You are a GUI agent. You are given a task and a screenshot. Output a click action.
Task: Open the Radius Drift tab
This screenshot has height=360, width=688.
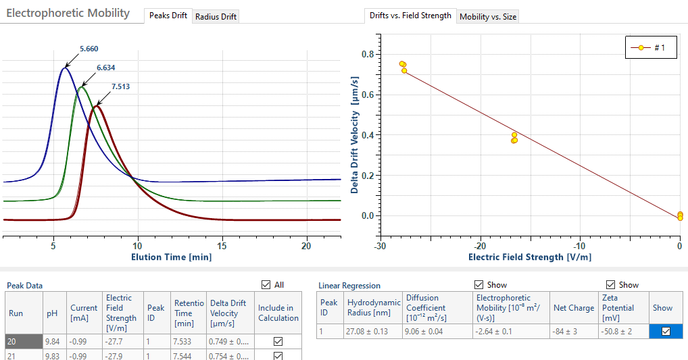(216, 17)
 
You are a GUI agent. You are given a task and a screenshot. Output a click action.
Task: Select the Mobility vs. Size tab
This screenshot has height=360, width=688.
(487, 17)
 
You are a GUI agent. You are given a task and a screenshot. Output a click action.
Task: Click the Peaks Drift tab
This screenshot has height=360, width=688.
(168, 16)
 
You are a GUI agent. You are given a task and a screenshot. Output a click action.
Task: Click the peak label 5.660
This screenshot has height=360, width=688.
(89, 49)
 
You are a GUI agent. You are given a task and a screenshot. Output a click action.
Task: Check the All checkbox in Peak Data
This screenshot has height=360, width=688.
(266, 285)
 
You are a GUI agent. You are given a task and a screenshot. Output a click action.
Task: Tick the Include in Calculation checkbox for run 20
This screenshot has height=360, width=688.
(278, 342)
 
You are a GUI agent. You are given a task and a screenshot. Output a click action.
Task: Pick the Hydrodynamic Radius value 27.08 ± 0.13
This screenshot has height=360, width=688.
(372, 332)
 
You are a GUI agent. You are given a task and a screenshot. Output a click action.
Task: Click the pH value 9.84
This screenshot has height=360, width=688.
(53, 342)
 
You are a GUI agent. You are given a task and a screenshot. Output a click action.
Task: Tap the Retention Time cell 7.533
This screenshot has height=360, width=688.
(187, 342)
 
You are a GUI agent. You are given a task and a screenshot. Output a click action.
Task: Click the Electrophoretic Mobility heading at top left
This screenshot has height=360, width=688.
(68, 13)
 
